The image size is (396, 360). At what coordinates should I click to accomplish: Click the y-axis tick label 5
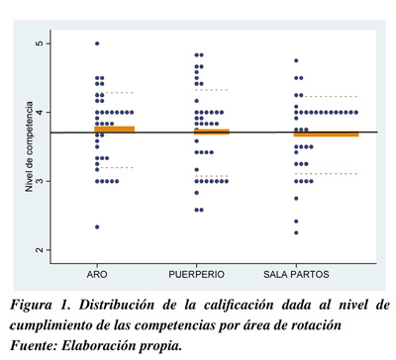41,44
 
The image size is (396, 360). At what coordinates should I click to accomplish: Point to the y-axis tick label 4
41,113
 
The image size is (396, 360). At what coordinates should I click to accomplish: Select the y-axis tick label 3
41,181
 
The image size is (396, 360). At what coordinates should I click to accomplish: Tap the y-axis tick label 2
41,250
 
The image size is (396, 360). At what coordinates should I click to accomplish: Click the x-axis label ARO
97,274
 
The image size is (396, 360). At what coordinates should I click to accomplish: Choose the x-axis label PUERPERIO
197,274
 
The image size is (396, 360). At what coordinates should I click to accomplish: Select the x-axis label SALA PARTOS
296,274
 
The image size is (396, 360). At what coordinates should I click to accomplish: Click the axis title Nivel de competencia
30,146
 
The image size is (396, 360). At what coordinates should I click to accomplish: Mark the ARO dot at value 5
97,44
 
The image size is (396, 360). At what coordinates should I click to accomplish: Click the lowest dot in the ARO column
97,227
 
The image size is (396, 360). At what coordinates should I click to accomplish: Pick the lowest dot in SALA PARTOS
296,232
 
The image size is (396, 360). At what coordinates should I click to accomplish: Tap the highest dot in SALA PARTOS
296,60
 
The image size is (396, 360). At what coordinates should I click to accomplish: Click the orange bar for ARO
115,129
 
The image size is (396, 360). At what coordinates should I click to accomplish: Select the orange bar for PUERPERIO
212,132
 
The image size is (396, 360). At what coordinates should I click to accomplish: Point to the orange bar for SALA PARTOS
327,134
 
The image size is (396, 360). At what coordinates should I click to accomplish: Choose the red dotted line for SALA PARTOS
327,173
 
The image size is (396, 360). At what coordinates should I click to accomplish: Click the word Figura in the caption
31,305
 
